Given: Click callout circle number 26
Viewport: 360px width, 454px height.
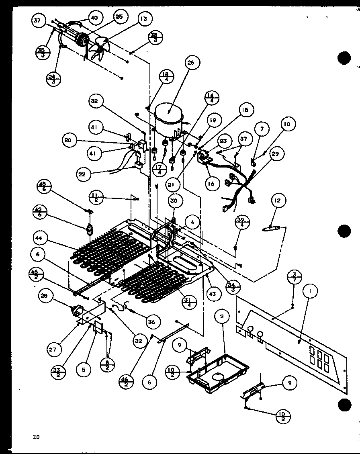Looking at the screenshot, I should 190,63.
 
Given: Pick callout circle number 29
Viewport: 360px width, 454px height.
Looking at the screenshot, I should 277,153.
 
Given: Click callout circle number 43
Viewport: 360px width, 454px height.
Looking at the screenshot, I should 213,294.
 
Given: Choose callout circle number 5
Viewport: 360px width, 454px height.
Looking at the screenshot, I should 83,369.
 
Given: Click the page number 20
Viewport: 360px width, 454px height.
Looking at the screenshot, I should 37,436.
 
